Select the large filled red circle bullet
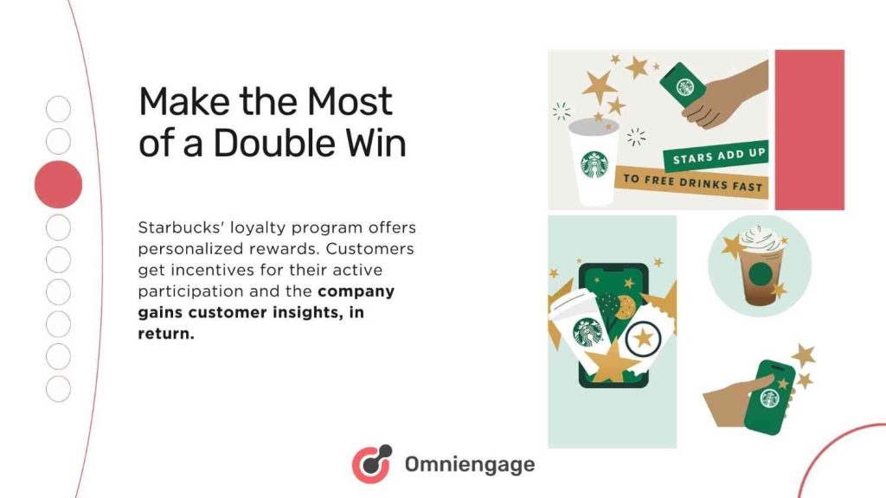pyautogui.click(x=58, y=184)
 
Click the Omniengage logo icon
pyautogui.click(x=371, y=464)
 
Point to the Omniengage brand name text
pyautogui.click(x=470, y=465)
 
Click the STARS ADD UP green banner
pyautogui.click(x=720, y=158)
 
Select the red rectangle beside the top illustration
pyautogui.click(x=809, y=130)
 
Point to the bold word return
pyautogui.click(x=164, y=334)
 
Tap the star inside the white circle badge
pyautogui.click(x=644, y=337)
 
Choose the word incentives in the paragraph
pyautogui.click(x=206, y=271)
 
